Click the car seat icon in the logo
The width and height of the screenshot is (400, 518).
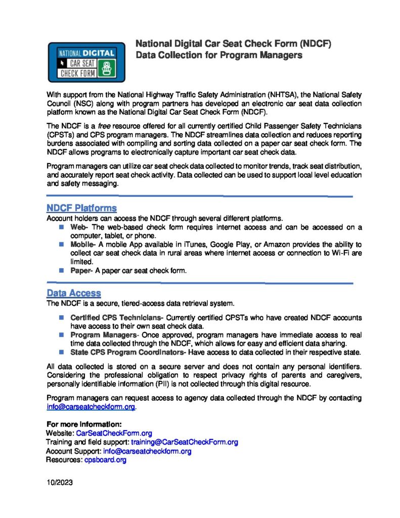tap(106, 68)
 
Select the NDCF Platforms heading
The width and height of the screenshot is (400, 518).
tap(81, 208)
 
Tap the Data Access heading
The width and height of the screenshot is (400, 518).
tap(73, 293)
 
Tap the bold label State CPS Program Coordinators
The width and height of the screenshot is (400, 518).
tap(128, 352)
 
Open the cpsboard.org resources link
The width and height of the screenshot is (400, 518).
tap(105, 460)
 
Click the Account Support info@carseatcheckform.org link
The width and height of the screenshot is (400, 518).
tap(147, 451)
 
